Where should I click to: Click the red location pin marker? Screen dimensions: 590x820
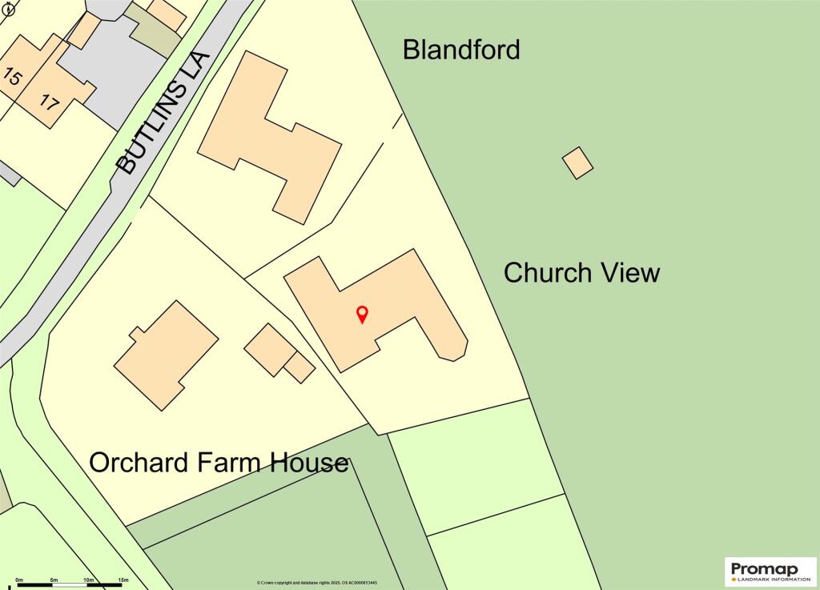362,314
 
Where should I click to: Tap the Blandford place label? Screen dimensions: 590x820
461,50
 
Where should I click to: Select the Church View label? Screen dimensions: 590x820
581,273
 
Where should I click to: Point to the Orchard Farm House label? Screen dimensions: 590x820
219,463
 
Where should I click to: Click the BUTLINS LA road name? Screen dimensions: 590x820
163,114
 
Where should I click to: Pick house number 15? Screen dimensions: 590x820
12,78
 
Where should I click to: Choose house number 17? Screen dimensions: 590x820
49,102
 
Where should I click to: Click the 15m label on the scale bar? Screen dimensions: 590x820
123,579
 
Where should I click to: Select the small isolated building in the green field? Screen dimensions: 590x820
577,163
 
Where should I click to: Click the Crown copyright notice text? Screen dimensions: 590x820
317,583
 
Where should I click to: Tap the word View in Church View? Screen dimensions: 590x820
629,273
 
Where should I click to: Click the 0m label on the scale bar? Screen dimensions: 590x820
19,579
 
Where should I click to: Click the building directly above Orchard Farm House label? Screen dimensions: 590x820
166,355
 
